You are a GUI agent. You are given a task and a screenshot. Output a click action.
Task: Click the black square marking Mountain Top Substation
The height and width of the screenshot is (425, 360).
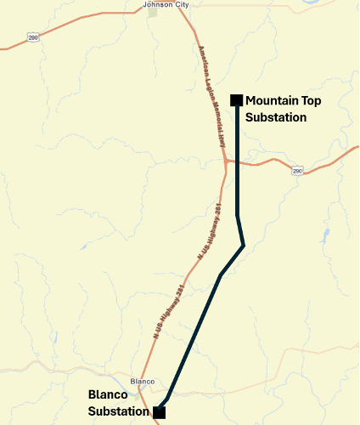tap(237, 100)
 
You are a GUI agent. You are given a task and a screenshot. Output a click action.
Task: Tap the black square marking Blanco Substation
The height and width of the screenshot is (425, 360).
tap(159, 412)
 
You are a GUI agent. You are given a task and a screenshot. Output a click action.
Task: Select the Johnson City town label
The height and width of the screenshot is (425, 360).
tap(166, 4)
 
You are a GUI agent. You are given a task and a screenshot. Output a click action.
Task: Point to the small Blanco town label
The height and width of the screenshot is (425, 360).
tap(143, 381)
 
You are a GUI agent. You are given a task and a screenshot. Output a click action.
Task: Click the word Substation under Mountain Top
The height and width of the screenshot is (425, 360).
tap(275, 117)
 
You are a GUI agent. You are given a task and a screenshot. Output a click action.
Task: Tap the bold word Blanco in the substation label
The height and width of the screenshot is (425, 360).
tap(108, 395)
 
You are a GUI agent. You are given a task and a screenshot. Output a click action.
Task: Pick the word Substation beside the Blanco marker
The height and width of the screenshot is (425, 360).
tap(112, 411)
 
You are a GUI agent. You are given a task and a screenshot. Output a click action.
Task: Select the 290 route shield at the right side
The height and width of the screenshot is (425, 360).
tap(297, 171)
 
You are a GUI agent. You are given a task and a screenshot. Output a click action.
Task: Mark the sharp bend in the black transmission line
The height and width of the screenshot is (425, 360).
tap(243, 246)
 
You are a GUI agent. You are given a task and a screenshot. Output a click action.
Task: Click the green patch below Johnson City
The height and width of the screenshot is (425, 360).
tap(153, 14)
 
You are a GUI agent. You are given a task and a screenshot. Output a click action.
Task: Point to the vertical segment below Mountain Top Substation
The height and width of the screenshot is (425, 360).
tap(237, 136)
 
